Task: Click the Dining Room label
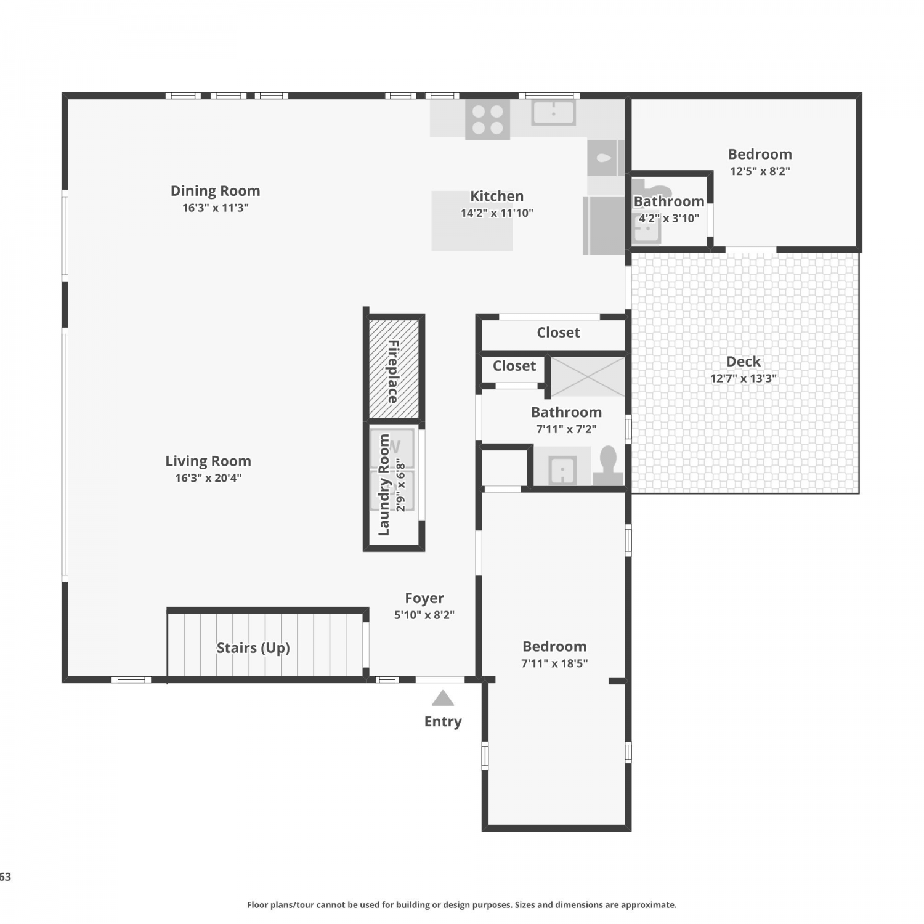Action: coord(215,191)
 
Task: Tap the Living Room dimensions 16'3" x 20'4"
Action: coord(208,478)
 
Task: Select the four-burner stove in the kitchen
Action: coord(487,120)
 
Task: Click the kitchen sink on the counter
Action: coord(554,113)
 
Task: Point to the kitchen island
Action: coord(472,221)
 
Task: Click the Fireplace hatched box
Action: coord(394,369)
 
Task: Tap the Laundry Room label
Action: coord(384,485)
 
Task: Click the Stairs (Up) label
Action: coord(253,648)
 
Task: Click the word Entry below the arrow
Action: coord(443,722)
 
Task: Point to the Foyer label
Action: coord(424,598)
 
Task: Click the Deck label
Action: coord(744,362)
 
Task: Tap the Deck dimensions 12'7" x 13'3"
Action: coord(744,378)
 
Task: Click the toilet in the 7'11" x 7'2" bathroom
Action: coord(608,466)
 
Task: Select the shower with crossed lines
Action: coord(588,376)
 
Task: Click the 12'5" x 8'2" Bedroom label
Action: coord(760,155)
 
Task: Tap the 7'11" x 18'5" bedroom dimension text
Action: coord(554,663)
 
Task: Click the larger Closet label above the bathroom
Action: coord(558,333)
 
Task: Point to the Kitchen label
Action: coord(497,197)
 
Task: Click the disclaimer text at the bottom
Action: coord(462,905)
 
